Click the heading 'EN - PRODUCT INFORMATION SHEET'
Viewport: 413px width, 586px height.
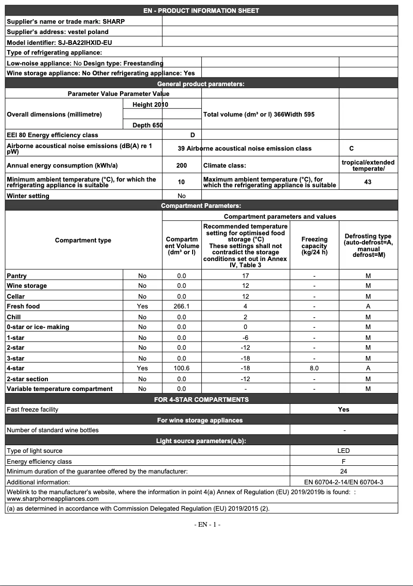[x=201, y=10]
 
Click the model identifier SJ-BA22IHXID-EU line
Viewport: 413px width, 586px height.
[x=59, y=42]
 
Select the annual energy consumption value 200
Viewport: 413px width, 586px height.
[x=181, y=166]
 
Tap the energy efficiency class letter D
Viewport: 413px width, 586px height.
[x=193, y=135]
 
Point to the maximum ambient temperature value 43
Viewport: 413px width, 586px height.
[x=367, y=182]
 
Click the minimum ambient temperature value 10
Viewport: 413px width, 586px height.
[x=181, y=182]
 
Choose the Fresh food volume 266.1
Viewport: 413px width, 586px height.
[x=181, y=306]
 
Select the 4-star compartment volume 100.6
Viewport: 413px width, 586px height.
[x=181, y=368]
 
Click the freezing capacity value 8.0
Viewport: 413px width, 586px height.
[x=314, y=368]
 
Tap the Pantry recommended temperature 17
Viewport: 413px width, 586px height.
[x=246, y=276]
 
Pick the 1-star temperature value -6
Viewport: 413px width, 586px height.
[x=246, y=337]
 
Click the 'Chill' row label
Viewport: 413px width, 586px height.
[x=14, y=317]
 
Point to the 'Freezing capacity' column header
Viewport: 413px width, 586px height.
[x=314, y=246]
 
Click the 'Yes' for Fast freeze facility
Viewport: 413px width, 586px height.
[x=343, y=410]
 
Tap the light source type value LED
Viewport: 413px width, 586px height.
[x=343, y=451]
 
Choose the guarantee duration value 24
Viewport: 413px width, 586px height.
[x=343, y=471]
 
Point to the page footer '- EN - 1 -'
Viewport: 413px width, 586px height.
[x=207, y=525]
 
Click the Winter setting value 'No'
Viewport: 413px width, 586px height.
[x=181, y=196]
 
